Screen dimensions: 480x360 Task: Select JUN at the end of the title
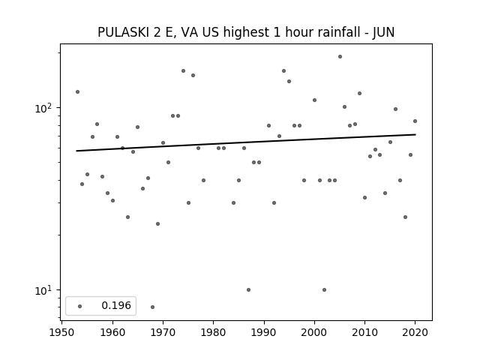click(x=383, y=32)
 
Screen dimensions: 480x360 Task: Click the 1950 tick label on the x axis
click(x=62, y=332)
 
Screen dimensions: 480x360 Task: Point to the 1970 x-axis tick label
click(x=163, y=332)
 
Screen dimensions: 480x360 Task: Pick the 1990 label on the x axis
click(x=263, y=332)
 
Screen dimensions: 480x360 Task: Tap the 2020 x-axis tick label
click(x=415, y=332)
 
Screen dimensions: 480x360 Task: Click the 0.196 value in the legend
click(x=116, y=305)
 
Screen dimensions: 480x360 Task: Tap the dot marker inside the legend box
click(x=80, y=306)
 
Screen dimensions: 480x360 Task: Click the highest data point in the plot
click(x=340, y=57)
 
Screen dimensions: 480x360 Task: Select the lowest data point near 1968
click(x=152, y=307)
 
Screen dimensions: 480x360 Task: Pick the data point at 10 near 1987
click(x=248, y=290)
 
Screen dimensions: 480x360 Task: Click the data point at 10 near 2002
click(x=324, y=290)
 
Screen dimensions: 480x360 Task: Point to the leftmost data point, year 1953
click(x=77, y=91)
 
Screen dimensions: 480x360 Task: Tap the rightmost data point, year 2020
click(x=415, y=121)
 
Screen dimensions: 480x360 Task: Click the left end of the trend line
click(x=76, y=151)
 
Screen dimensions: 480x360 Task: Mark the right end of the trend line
click(x=415, y=134)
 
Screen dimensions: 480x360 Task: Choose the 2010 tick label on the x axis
click(x=364, y=332)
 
